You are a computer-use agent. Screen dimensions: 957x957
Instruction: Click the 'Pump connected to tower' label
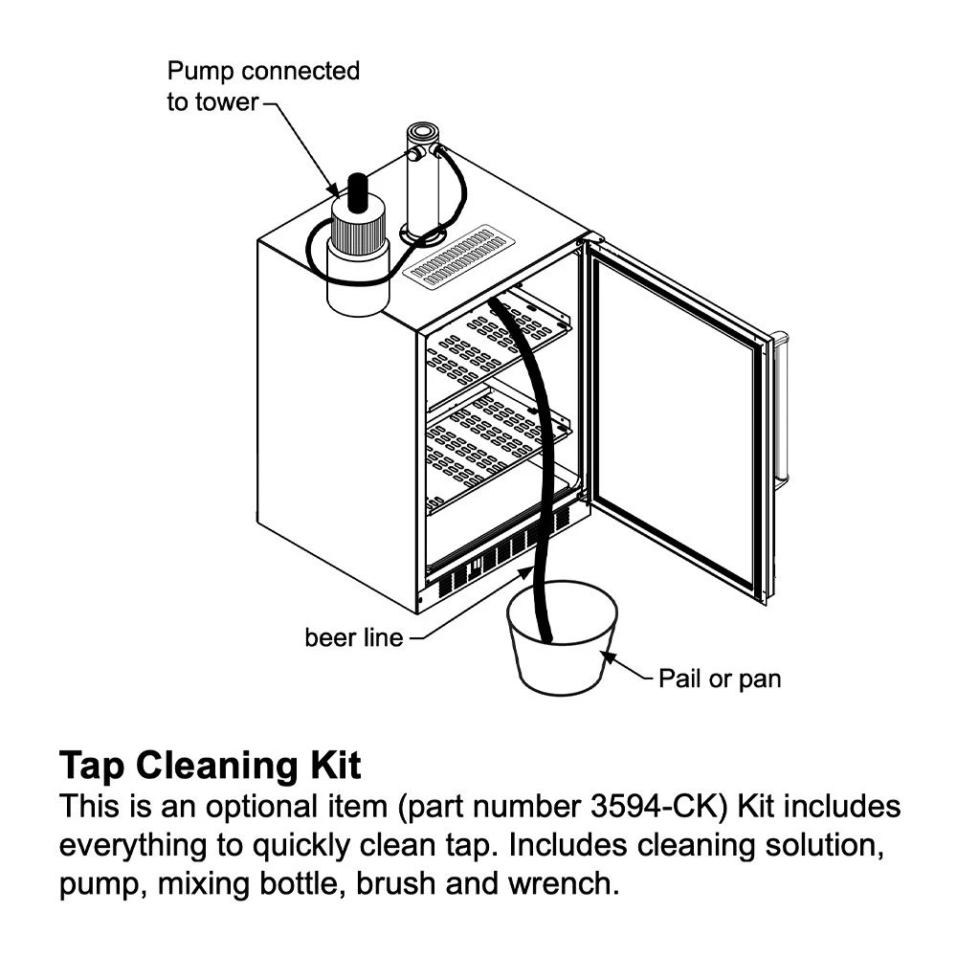pos(262,85)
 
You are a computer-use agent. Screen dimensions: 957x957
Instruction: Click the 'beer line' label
pos(353,636)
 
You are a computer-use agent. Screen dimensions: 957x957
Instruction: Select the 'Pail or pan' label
pos(720,679)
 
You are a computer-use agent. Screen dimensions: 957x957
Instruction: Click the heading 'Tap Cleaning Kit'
pos(211,766)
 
